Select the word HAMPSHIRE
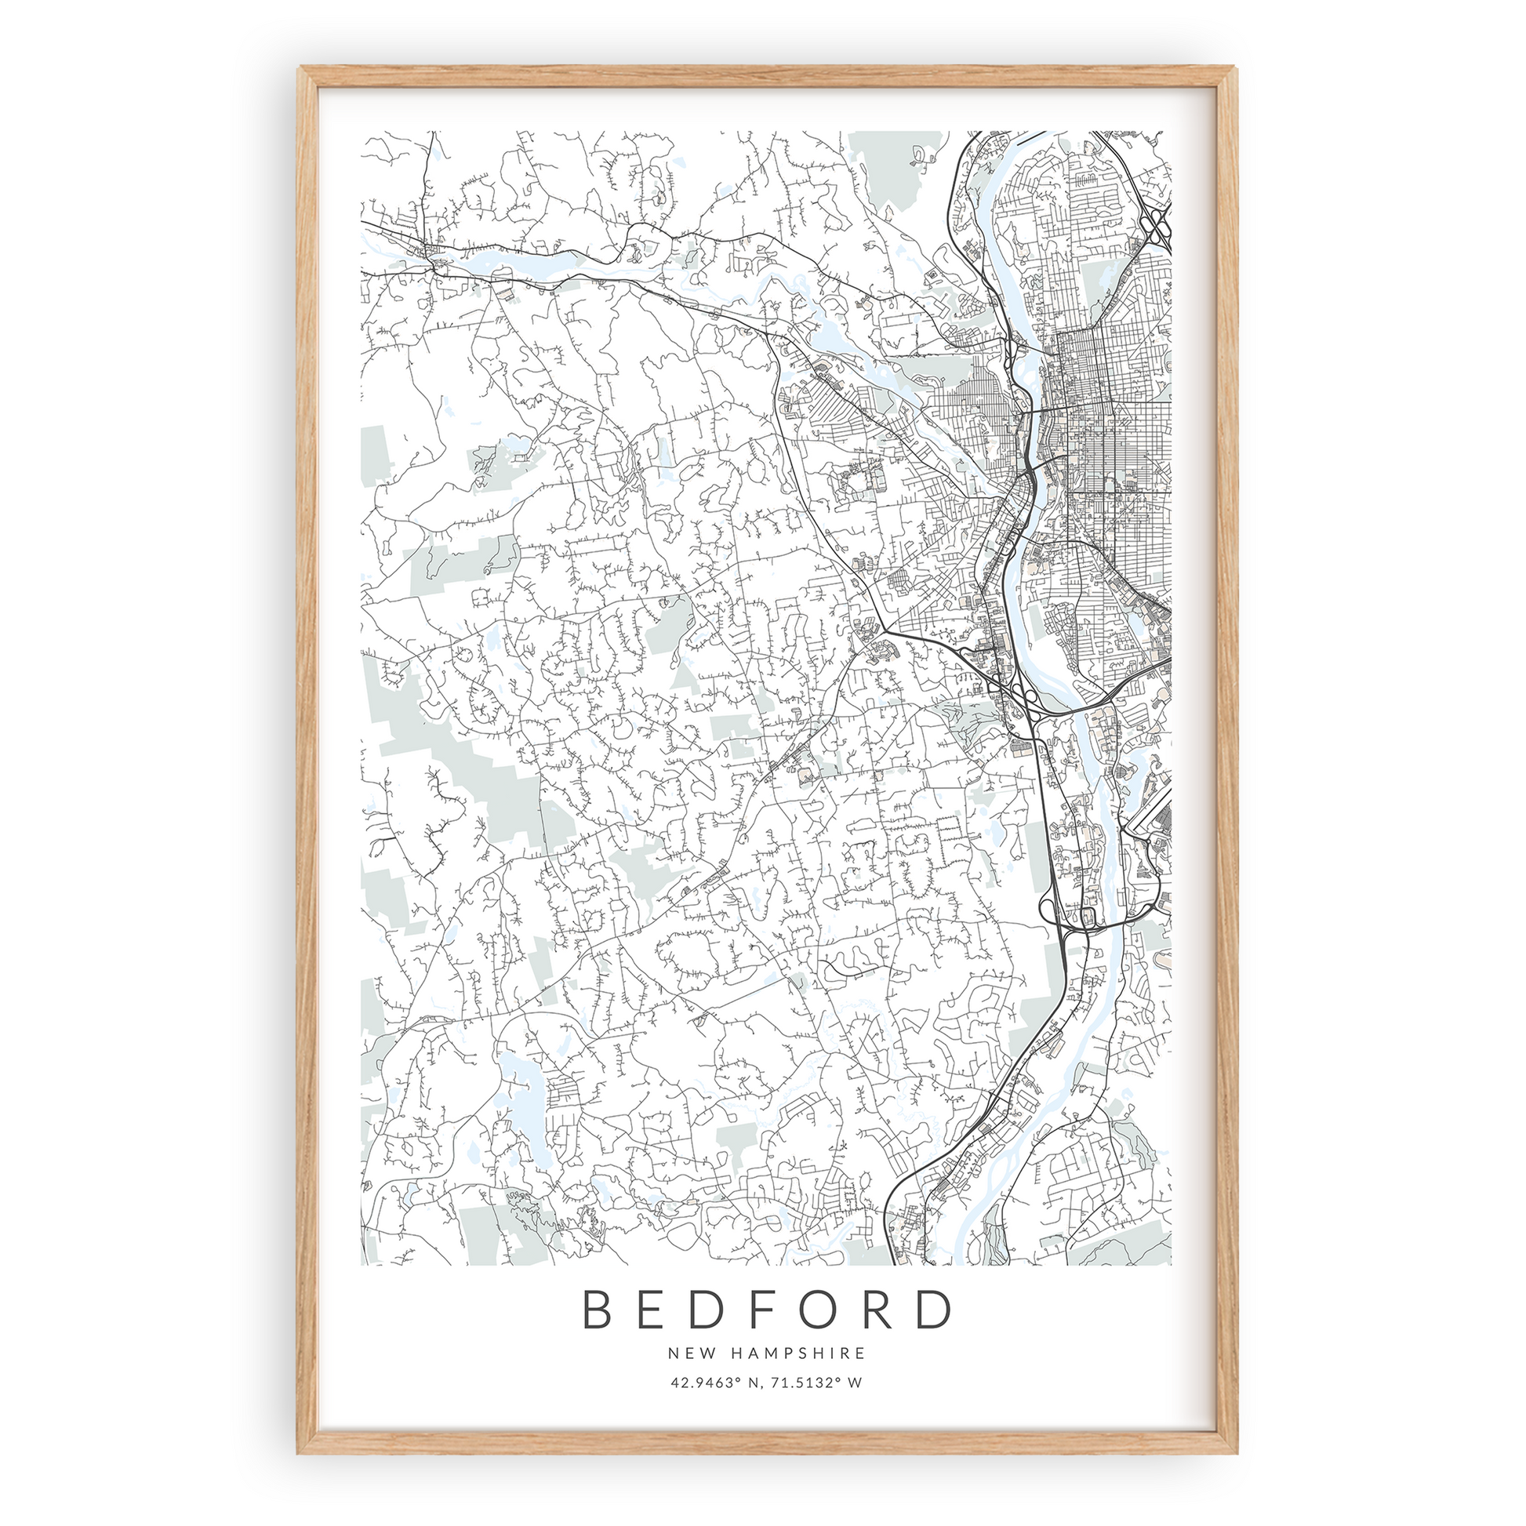[798, 1353]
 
